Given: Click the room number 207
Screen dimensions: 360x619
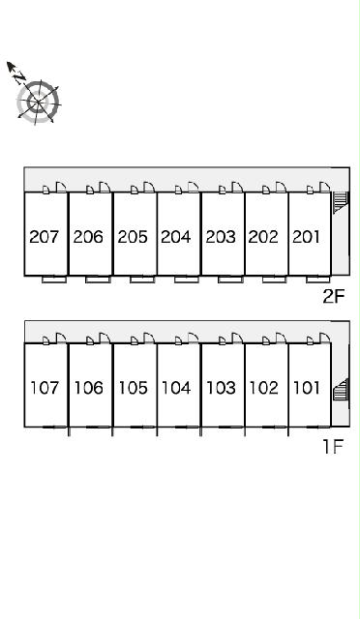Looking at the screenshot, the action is click(x=44, y=237).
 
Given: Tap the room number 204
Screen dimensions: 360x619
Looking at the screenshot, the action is click(x=176, y=237).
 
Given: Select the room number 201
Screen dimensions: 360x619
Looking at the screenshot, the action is click(x=306, y=237).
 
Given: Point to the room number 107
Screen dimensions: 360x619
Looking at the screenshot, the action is click(x=45, y=388).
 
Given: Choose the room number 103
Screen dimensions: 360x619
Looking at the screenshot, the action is click(x=222, y=388).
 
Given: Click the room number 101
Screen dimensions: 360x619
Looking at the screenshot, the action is click(x=307, y=388).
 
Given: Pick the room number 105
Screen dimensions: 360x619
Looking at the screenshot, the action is click(x=134, y=388).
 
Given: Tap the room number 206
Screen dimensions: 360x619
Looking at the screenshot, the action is click(x=88, y=237).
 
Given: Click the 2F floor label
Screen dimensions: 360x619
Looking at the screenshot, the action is click(x=334, y=297).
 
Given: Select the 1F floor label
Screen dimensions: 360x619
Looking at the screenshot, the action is click(x=333, y=447).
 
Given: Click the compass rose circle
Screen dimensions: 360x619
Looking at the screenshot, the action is click(x=39, y=102).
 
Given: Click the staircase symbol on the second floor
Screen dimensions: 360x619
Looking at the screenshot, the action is click(x=340, y=201).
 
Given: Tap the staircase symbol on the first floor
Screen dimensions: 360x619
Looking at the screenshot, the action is click(x=341, y=390).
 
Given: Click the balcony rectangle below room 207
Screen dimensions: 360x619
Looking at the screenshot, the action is click(x=54, y=280).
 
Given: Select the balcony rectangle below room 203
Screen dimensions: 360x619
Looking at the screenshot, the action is click(x=230, y=280).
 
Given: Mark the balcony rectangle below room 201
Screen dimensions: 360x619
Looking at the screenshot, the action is click(x=318, y=280).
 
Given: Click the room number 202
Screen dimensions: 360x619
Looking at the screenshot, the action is click(x=263, y=237).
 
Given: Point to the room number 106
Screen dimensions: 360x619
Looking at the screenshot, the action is click(x=89, y=388).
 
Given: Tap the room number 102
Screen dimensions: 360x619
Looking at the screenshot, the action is click(x=264, y=388).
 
